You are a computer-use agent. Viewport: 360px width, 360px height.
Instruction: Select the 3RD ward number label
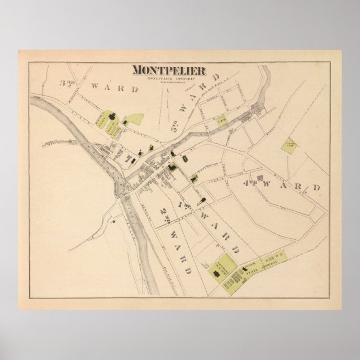pos(68,84)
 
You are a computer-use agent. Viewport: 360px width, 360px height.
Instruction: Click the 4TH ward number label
pos(249,183)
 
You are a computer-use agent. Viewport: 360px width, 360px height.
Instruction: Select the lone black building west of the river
pos(112,222)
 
